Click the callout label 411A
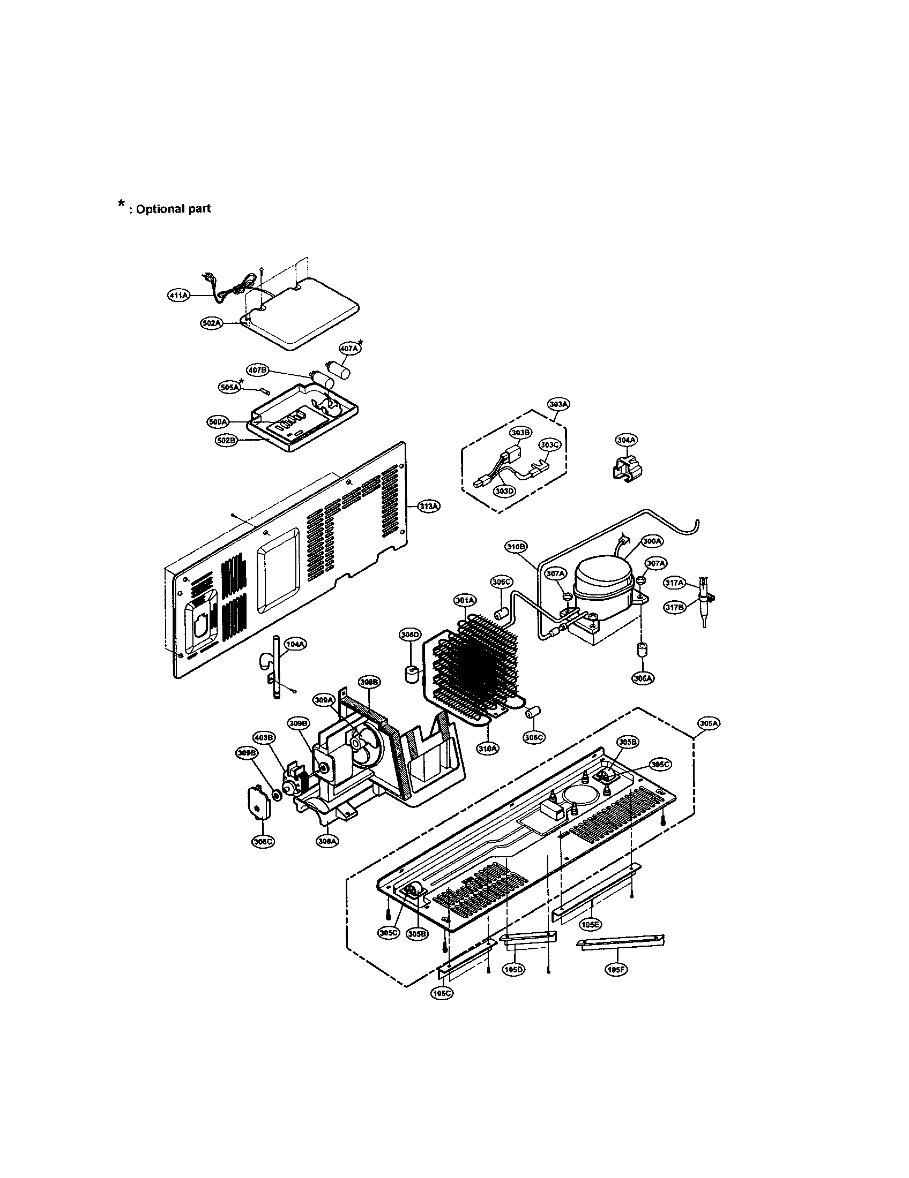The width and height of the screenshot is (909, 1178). (178, 296)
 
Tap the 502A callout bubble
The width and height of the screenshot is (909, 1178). (212, 323)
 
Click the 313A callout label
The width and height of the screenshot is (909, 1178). (430, 506)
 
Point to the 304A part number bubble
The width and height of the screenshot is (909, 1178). (626, 440)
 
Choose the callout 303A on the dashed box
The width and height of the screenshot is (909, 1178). (558, 404)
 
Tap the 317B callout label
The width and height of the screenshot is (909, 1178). (674, 607)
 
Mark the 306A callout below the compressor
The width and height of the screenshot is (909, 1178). (642, 678)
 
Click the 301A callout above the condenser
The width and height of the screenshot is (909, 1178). (465, 600)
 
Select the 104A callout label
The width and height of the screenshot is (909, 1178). (296, 644)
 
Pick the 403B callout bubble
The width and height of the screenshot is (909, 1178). (263, 737)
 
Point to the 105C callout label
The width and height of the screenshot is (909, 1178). (442, 993)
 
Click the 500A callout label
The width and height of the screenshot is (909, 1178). (218, 422)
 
